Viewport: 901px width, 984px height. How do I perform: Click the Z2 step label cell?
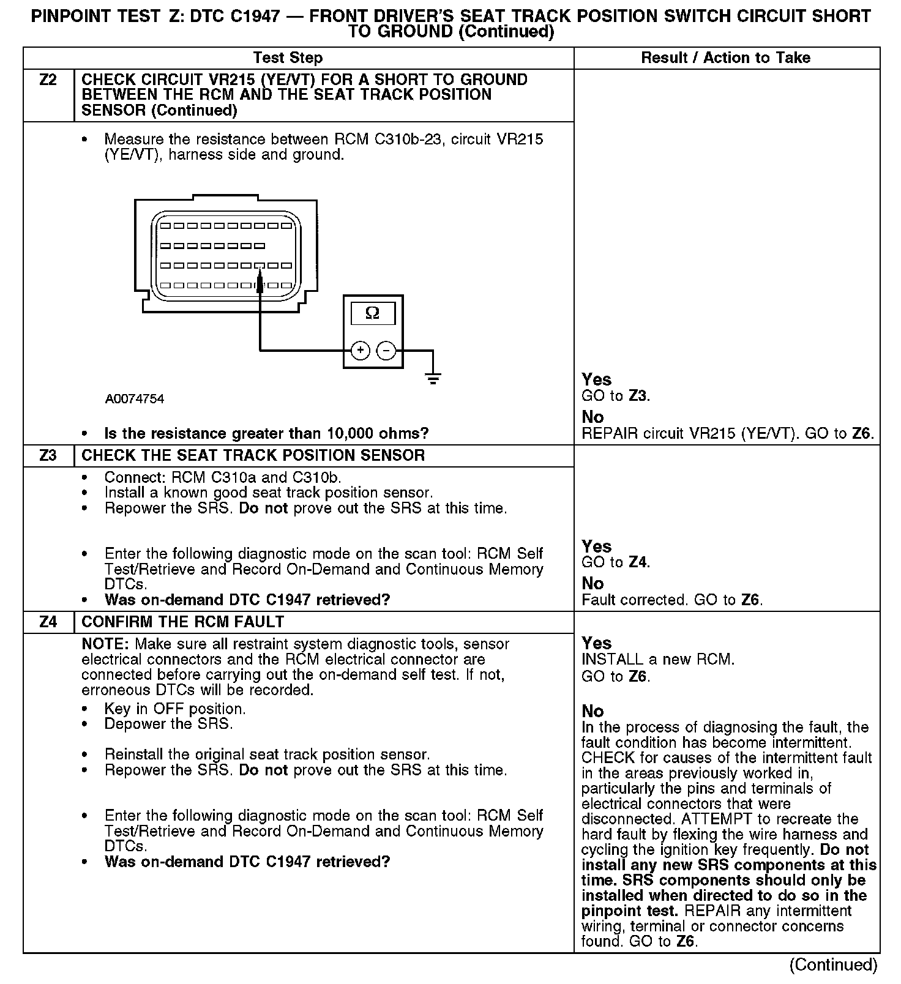pos(48,80)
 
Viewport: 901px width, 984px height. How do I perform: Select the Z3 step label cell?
pos(48,456)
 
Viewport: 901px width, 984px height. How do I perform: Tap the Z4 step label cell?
pos(48,622)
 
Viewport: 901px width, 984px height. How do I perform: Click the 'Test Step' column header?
pos(288,58)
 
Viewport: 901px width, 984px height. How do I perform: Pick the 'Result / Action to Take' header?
pos(725,58)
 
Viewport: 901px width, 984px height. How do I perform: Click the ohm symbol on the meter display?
pos(372,314)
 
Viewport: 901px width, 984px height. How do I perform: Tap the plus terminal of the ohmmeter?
pos(361,351)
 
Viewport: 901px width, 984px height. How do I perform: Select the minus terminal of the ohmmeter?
pos(386,351)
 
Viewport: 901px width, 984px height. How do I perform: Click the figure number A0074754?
pos(135,399)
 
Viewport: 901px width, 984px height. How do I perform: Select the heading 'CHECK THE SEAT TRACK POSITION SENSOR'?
pos(253,456)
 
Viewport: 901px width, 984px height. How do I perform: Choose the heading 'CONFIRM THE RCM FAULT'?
pos(182,622)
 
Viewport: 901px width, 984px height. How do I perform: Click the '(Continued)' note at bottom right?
pos(833,965)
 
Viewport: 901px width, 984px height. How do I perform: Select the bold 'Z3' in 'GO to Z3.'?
pos(637,396)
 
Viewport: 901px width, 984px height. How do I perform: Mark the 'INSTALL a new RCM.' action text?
pos(658,660)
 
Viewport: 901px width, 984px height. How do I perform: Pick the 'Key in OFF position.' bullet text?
pos(175,709)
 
